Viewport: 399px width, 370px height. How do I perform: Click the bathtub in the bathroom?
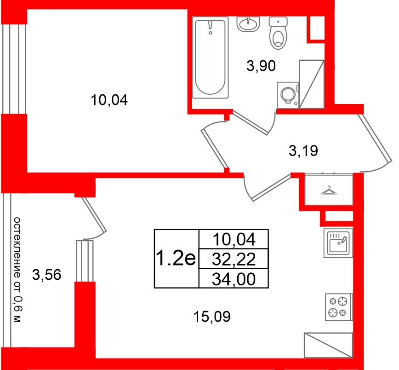[x=211, y=57]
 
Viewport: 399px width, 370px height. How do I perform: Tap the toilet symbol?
[x=277, y=34]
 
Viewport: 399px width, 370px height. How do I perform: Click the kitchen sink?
[x=338, y=242]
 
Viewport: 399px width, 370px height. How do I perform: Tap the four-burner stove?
[x=338, y=307]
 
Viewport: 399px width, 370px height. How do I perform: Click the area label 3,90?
[x=261, y=67]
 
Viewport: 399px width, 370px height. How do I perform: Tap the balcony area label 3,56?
[x=47, y=275]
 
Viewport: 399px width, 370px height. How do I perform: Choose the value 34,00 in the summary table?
[x=234, y=278]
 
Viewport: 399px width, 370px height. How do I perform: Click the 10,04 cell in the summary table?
[x=234, y=239]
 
